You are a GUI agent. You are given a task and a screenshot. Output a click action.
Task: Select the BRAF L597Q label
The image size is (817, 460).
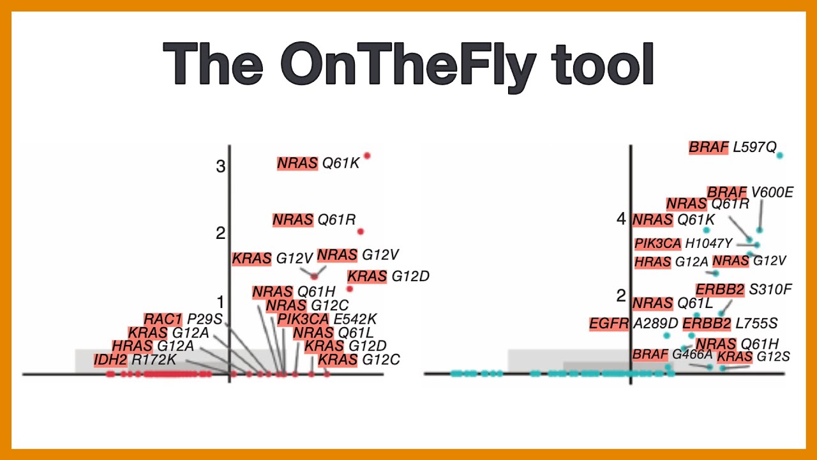[733, 148]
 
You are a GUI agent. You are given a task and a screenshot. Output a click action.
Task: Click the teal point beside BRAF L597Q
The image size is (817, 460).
[779, 155]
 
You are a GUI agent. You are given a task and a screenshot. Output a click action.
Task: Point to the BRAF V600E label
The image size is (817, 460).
[750, 192]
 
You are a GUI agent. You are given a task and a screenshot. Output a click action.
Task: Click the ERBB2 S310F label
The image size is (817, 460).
[744, 290]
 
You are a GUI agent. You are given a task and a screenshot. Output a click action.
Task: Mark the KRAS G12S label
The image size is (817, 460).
[753, 356]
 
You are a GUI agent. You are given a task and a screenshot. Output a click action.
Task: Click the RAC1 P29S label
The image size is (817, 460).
[183, 319]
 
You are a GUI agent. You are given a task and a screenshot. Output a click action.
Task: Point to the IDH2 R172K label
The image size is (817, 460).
[135, 360]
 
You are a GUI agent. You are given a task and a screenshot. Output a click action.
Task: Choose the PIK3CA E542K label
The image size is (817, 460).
[327, 319]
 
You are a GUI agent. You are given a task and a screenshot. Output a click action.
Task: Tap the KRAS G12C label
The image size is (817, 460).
[359, 360]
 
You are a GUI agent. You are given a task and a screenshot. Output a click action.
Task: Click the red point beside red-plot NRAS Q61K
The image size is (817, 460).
[367, 155]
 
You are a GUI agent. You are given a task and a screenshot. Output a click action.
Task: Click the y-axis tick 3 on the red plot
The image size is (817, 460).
[221, 167]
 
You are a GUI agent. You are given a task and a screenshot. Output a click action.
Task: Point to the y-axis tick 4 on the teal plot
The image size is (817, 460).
[621, 219]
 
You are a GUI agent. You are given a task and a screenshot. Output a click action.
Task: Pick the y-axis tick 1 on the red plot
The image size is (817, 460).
[221, 302]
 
